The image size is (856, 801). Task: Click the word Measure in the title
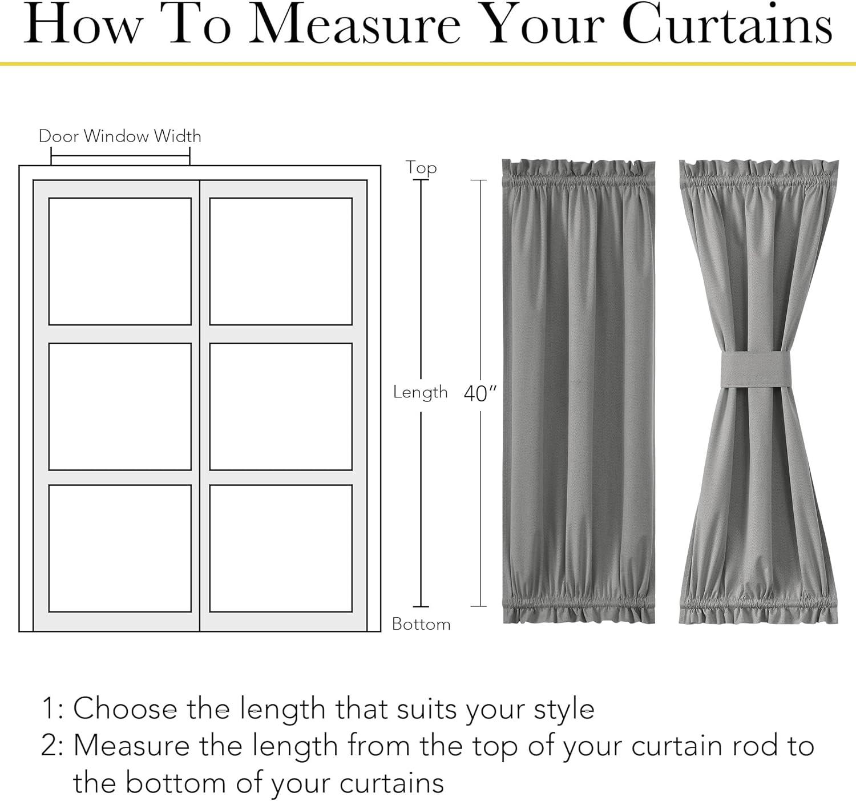click(x=355, y=25)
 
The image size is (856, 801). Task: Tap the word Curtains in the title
click(x=727, y=24)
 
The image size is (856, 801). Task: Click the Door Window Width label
click(x=120, y=136)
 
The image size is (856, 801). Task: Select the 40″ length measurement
click(x=480, y=393)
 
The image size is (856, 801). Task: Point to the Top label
click(x=421, y=168)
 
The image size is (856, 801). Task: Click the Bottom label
click(x=421, y=624)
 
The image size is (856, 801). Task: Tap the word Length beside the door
click(x=420, y=393)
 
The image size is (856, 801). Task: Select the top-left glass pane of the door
click(x=120, y=261)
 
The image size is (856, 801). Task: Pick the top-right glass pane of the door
click(x=281, y=261)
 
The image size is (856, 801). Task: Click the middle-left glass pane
click(x=120, y=406)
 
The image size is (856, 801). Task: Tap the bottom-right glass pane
click(x=281, y=548)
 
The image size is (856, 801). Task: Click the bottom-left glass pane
click(x=120, y=548)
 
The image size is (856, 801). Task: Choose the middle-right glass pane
click(x=281, y=406)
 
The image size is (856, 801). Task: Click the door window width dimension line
click(x=120, y=156)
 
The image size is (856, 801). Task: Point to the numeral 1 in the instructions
click(x=49, y=709)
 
